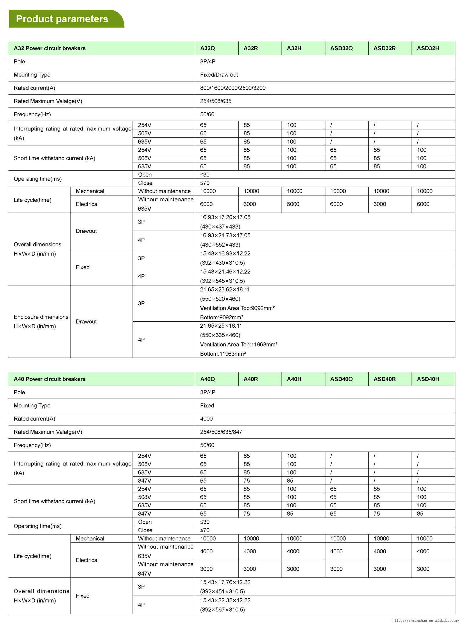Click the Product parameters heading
(62, 19)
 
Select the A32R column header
(251, 48)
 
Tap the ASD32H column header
(428, 48)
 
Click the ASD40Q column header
(341, 379)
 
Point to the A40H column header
(294, 379)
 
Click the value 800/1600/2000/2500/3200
(233, 88)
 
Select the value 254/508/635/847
(221, 432)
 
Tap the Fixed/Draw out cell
(219, 75)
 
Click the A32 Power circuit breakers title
(50, 48)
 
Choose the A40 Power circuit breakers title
(50, 379)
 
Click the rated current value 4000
(206, 419)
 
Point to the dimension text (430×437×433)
(220, 227)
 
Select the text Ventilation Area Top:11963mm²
(239, 344)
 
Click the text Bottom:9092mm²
(221, 317)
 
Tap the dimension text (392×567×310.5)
(222, 609)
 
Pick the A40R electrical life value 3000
(250, 569)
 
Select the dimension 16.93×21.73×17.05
(225, 235)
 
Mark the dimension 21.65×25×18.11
(221, 326)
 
